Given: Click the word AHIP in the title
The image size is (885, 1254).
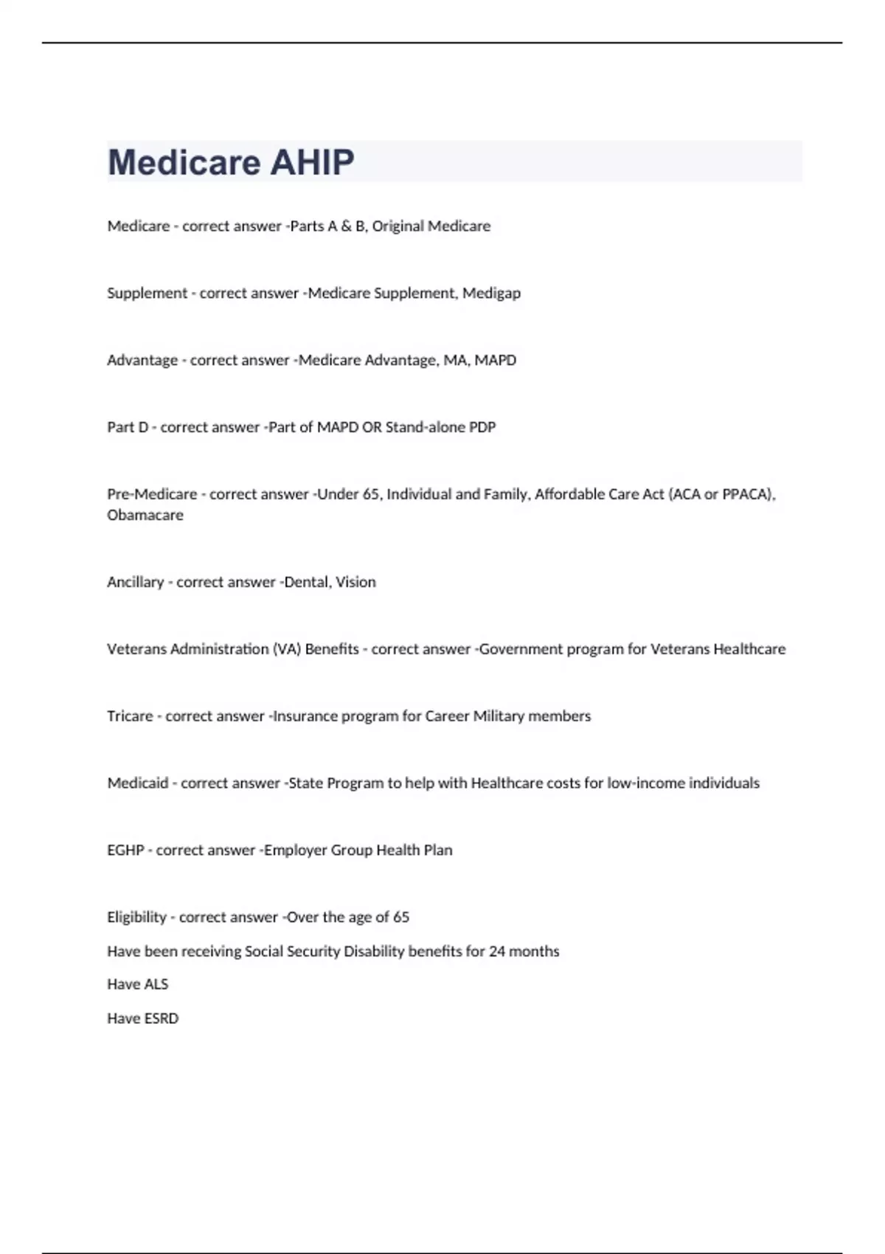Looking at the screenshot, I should coord(312,162).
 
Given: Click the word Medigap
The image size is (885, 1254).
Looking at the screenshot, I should coord(491,293).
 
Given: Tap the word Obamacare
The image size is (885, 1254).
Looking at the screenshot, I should coord(145,515).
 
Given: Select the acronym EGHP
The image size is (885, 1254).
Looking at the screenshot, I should coord(125,850).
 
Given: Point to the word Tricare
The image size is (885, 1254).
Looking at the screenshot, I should coord(130,716).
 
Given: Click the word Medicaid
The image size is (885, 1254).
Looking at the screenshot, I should coord(138,783).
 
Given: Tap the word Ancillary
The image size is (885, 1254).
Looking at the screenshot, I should coord(136,581).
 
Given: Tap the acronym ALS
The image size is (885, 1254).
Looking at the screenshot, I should coord(156,984).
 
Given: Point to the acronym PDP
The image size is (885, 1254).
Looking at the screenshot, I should coord(482,427).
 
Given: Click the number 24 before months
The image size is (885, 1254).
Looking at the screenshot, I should coord(497,951).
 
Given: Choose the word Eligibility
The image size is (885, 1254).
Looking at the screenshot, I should coord(137,917).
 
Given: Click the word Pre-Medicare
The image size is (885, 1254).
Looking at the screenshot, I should coord(152,494).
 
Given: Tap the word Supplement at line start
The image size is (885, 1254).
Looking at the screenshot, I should coord(147,293).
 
